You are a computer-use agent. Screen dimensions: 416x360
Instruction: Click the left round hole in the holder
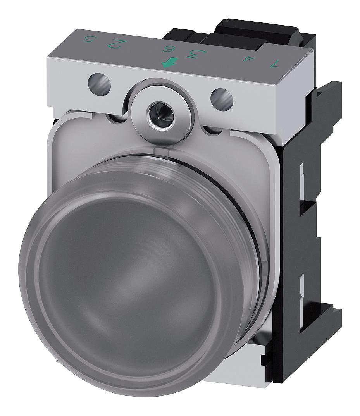tap(99, 83)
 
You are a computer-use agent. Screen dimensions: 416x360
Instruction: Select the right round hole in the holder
tap(222, 99)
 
